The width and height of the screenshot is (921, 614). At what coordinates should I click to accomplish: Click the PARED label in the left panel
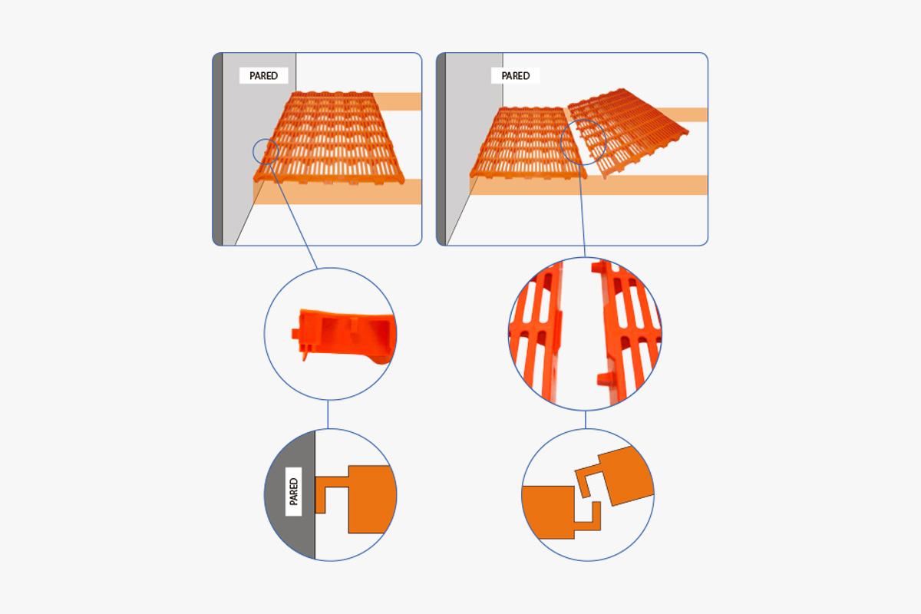point(263,76)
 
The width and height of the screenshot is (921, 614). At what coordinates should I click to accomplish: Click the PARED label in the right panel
point(515,76)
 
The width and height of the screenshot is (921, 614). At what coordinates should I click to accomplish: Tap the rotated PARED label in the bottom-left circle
point(293,491)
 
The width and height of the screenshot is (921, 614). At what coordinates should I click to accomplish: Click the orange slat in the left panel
point(329,138)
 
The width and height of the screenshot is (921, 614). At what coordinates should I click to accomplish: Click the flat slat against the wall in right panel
point(528,142)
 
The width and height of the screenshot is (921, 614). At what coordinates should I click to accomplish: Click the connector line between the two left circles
point(328,414)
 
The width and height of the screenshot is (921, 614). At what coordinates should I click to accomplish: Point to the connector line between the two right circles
point(586,420)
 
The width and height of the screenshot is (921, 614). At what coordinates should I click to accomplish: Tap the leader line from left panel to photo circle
point(293,216)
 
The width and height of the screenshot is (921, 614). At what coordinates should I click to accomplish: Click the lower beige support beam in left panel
point(337,192)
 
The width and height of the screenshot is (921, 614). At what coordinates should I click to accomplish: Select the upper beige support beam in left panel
point(398,101)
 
